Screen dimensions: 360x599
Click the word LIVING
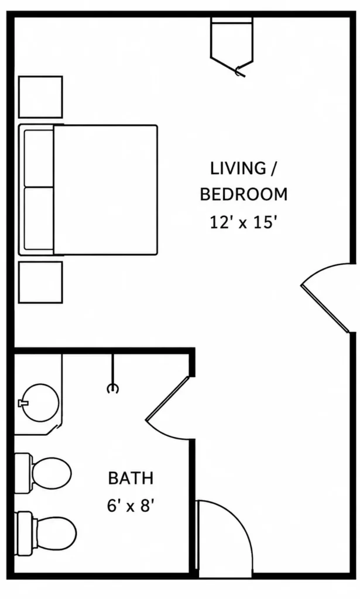pyautogui.click(x=238, y=168)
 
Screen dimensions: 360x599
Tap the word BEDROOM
pyautogui.click(x=244, y=194)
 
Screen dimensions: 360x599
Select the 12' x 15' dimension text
pyautogui.click(x=243, y=222)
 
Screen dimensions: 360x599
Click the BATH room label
pyautogui.click(x=131, y=478)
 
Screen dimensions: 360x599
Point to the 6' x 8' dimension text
pyautogui.click(x=131, y=506)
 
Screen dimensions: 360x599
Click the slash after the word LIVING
pyautogui.click(x=272, y=168)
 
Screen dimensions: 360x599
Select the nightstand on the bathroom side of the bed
pyautogui.click(x=40, y=283)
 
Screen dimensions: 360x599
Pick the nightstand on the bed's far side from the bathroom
pyautogui.click(x=40, y=97)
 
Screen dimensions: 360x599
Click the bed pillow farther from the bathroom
pyautogui.click(x=39, y=158)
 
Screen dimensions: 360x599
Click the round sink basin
pyautogui.click(x=40, y=402)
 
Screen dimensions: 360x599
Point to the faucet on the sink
pyautogui.click(x=23, y=402)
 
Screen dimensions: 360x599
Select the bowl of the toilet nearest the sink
pyautogui.click(x=52, y=473)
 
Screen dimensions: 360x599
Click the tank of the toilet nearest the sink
pyautogui.click(x=23, y=473)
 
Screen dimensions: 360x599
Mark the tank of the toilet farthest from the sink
pyautogui.click(x=25, y=533)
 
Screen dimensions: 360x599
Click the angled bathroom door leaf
pyautogui.click(x=167, y=398)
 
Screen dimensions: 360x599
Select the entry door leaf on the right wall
pyautogui.click(x=325, y=308)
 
